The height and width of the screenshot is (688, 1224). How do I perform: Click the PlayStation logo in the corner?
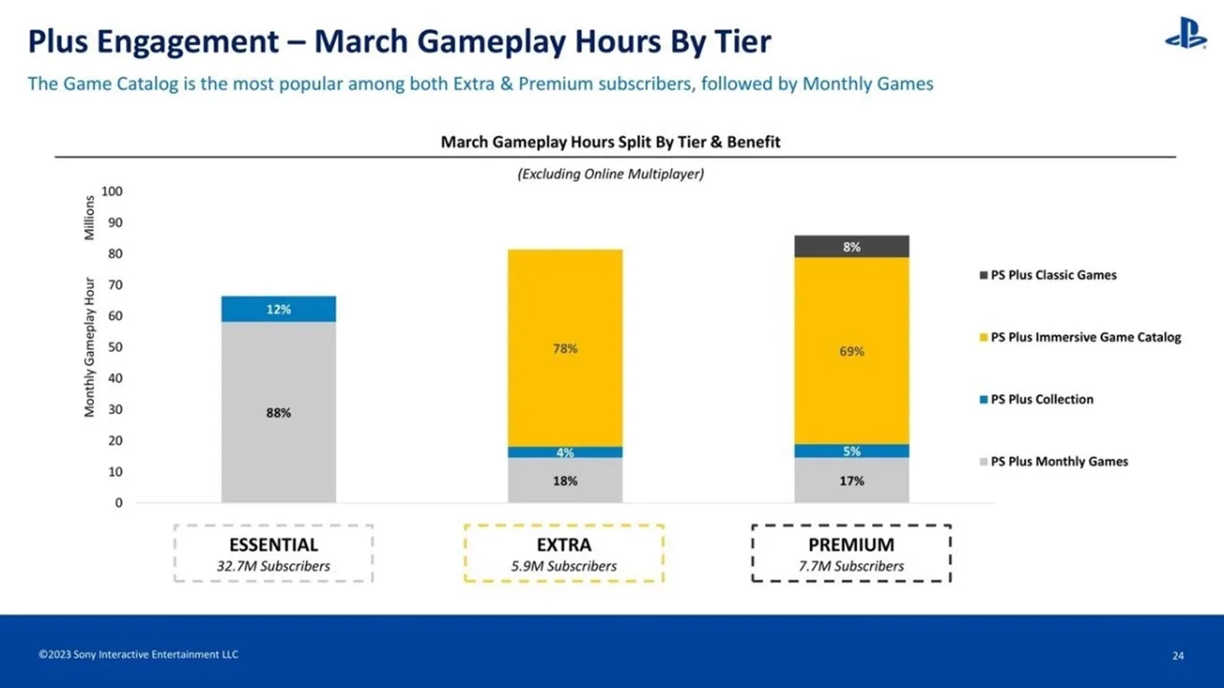pyautogui.click(x=1185, y=34)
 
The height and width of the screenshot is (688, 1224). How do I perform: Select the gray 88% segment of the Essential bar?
pyautogui.click(x=279, y=412)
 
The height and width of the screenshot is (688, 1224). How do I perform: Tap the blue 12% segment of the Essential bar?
pyautogui.click(x=279, y=309)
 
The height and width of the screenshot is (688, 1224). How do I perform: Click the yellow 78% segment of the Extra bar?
pyautogui.click(x=565, y=348)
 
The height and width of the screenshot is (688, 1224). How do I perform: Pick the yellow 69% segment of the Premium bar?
pyautogui.click(x=851, y=350)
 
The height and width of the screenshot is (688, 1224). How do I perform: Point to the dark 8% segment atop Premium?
pyautogui.click(x=851, y=246)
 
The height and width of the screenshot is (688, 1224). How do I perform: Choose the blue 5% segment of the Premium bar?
pyautogui.click(x=851, y=451)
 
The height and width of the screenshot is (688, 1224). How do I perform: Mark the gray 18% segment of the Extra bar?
pyautogui.click(x=565, y=481)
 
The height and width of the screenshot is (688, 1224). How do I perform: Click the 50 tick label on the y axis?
pyautogui.click(x=116, y=348)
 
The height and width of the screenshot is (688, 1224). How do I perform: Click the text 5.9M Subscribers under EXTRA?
pyautogui.click(x=565, y=566)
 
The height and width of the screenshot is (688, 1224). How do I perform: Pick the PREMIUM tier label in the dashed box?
pyautogui.click(x=851, y=545)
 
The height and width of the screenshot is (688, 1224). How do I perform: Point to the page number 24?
pyautogui.click(x=1177, y=656)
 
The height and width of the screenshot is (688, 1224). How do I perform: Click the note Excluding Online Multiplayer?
pyautogui.click(x=610, y=175)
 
